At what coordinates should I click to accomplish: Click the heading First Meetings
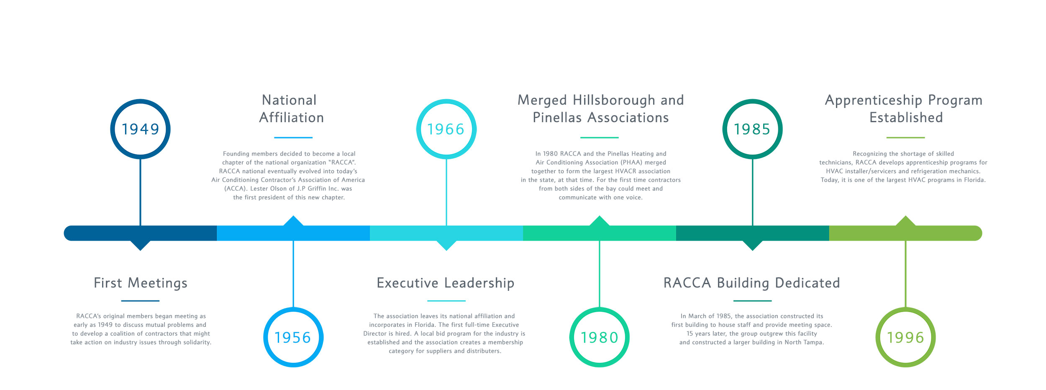[141, 283]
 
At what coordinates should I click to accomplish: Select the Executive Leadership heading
[446, 283]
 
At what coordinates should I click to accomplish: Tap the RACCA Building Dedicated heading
[752, 283]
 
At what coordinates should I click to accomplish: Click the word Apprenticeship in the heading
[874, 100]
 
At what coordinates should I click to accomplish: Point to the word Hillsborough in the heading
[614, 100]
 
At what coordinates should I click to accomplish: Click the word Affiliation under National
[292, 118]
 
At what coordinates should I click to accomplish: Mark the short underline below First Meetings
[140, 300]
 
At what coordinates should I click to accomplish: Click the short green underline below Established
[905, 137]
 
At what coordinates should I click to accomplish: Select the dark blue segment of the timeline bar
[140, 233]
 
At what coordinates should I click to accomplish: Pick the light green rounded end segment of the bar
[905, 233]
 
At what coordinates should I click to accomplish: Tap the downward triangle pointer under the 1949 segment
[140, 246]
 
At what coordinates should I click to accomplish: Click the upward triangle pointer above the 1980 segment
[600, 221]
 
